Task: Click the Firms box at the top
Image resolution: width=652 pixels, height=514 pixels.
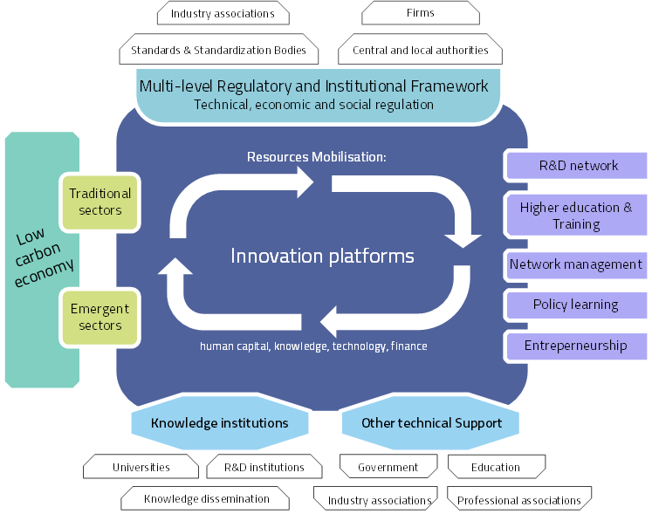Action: pos(420,13)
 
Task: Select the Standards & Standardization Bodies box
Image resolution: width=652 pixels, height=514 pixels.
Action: pos(218,50)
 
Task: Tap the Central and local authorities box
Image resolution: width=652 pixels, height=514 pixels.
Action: pos(420,50)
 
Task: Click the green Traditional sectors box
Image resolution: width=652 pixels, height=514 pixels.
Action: pos(100,202)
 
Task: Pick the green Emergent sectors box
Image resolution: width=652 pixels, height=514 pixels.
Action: pos(100,317)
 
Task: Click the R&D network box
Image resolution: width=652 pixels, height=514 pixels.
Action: pos(577,165)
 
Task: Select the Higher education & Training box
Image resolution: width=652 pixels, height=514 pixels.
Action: pos(576,216)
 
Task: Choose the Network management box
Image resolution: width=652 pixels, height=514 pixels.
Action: pos(576,264)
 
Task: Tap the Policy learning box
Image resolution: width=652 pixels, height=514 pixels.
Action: pos(576,305)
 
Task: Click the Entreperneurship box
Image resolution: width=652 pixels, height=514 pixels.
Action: pos(576,346)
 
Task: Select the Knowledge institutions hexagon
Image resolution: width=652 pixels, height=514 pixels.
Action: pos(219,423)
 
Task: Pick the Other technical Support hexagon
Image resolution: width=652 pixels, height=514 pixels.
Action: pos(431,423)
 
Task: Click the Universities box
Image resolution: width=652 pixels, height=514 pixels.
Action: pos(141,467)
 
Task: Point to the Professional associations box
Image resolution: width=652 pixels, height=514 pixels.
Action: pos(519,500)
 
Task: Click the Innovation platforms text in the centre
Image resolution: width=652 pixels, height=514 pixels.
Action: pos(322,256)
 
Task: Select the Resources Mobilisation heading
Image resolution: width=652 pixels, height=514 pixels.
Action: pos(316,157)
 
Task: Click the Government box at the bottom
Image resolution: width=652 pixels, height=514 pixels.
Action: pos(388,467)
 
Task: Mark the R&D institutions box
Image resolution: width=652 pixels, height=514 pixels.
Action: pos(264,467)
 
